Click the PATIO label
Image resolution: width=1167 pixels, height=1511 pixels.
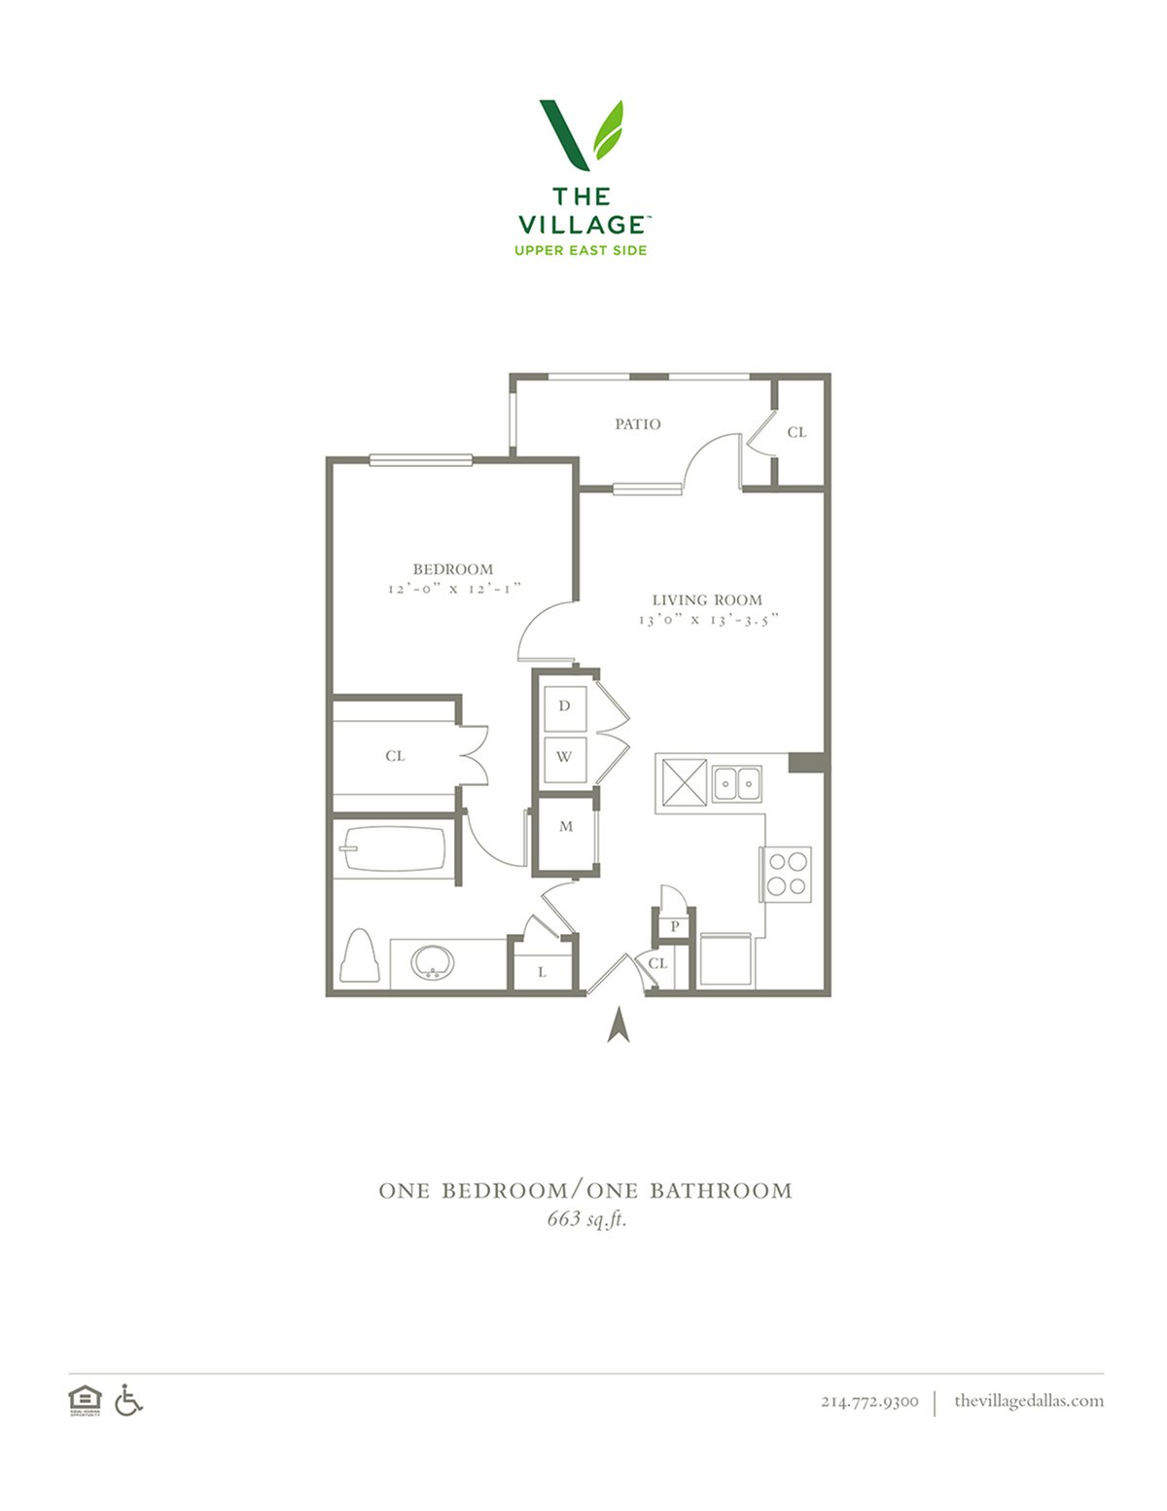coord(637,423)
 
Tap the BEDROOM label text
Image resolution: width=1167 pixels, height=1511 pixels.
coord(453,569)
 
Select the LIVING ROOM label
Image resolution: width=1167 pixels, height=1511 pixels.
coord(707,599)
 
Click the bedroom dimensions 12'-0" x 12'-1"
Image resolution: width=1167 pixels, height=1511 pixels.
coord(454,589)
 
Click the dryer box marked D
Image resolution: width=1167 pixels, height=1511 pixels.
coord(564,708)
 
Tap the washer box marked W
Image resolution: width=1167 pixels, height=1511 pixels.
coord(564,758)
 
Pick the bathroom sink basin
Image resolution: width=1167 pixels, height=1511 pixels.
coord(433,963)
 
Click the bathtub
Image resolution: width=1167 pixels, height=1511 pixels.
coord(393,848)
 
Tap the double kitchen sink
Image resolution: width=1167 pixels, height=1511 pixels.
coord(737,783)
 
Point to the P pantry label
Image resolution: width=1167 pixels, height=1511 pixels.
coord(674,926)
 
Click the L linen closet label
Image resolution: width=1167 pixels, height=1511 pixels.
coord(542,972)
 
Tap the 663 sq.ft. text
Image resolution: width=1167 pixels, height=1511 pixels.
coord(586,1219)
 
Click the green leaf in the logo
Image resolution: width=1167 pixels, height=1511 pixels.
coord(608,129)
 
